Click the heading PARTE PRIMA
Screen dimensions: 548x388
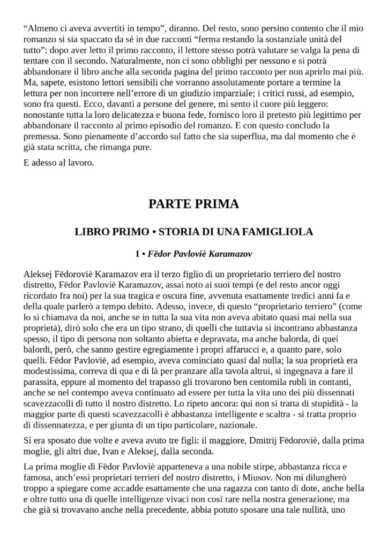click(193, 204)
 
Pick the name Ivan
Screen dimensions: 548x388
click(114, 451)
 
